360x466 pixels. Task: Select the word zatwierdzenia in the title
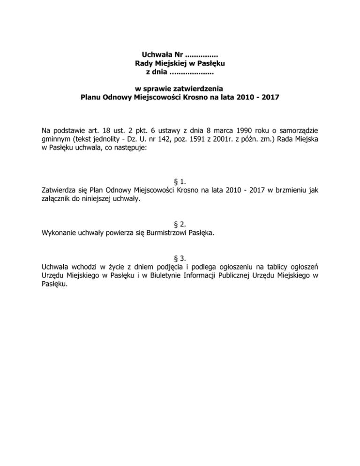tap(201, 89)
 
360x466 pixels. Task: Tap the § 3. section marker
tap(180, 256)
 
